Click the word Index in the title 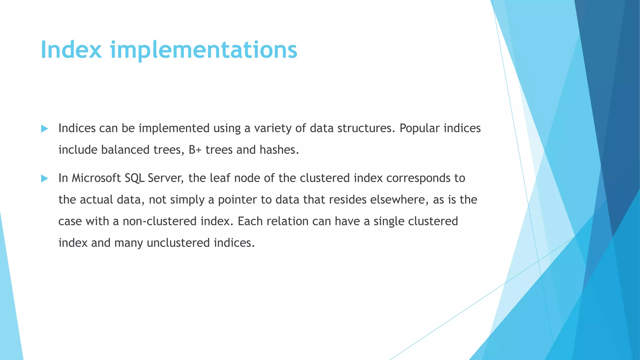pyautogui.click(x=71, y=50)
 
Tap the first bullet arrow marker pyautogui.click(x=44, y=129)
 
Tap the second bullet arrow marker pyautogui.click(x=44, y=179)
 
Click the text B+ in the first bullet pyautogui.click(x=195, y=150)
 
